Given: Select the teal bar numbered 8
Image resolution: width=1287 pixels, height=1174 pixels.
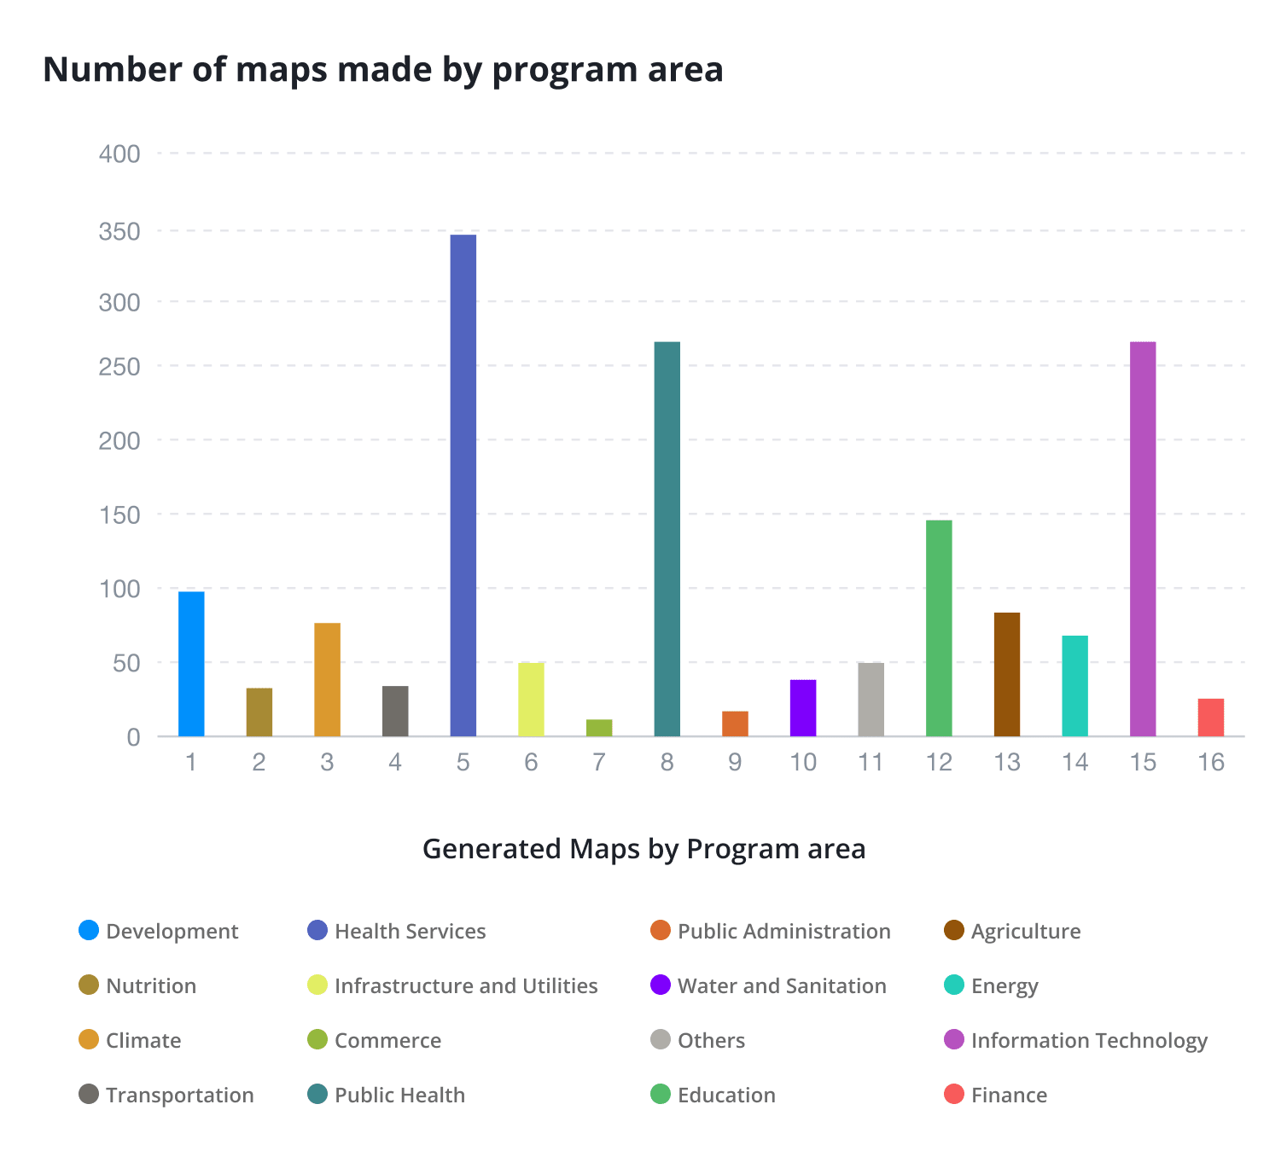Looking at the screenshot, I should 667,538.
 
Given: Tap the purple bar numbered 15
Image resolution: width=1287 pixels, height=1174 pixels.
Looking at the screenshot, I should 1142,538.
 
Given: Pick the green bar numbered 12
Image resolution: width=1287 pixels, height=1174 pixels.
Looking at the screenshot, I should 939,628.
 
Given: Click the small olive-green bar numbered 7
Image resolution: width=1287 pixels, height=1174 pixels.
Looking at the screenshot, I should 599,728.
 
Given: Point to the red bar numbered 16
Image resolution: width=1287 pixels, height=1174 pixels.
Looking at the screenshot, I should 1210,718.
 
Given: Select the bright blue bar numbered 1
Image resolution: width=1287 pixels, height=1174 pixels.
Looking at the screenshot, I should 191,664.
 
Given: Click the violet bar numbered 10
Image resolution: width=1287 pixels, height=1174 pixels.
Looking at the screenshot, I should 803,708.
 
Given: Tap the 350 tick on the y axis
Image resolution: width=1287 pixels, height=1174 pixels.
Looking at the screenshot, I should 119,231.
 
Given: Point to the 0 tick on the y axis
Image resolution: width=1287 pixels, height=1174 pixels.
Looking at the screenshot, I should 133,737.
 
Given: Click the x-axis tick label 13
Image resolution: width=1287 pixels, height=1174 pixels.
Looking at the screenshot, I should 1007,762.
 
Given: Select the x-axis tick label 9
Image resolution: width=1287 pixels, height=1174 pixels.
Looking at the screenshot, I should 735,762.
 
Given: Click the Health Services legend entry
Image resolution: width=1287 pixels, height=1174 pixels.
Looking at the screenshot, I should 410,931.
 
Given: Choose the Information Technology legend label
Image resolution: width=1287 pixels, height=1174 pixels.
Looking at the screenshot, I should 1089,1040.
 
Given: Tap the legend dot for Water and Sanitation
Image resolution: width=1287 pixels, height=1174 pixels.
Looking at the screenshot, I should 661,985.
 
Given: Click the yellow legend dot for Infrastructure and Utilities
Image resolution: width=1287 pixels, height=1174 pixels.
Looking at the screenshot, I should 317,985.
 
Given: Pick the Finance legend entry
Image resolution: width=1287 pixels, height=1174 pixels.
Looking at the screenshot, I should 1009,1095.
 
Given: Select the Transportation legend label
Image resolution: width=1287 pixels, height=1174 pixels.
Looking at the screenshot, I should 179,1095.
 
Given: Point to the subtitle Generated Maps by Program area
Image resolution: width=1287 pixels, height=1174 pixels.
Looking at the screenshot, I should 643,849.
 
